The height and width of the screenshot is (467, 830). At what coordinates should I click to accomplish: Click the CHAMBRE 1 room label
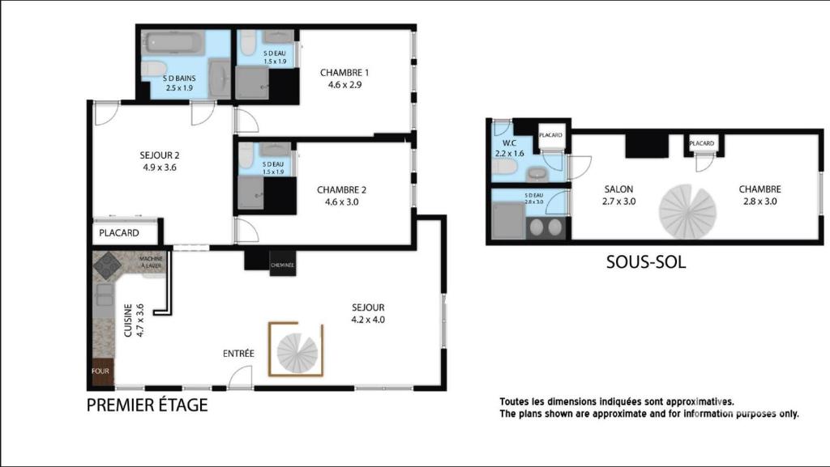click(x=344, y=73)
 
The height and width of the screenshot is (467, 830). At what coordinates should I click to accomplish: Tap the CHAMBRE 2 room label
click(x=341, y=189)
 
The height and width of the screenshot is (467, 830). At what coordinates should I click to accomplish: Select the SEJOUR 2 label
click(x=160, y=155)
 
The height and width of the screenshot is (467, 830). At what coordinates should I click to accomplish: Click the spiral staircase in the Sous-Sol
click(x=687, y=211)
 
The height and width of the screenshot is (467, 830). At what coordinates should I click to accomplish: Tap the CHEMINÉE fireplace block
click(x=282, y=265)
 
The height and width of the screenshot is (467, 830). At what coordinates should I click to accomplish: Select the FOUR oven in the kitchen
click(x=101, y=371)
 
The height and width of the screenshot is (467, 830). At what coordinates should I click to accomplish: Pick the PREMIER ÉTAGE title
click(x=148, y=405)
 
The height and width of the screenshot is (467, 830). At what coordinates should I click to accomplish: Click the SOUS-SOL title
click(x=646, y=262)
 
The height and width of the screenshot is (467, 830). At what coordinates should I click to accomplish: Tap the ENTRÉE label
click(x=238, y=354)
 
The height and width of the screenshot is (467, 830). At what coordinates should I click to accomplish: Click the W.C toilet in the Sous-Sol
click(x=504, y=167)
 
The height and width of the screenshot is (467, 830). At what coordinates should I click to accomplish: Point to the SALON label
click(x=618, y=189)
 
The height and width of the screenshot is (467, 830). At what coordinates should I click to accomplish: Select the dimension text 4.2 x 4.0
click(x=368, y=320)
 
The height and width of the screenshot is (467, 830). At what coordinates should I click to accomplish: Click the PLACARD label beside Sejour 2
click(x=119, y=233)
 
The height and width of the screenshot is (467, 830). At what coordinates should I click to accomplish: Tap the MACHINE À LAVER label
click(x=151, y=262)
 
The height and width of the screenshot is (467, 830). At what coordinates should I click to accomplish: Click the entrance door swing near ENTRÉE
click(x=241, y=377)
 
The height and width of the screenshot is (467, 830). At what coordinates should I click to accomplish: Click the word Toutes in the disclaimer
click(x=514, y=402)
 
